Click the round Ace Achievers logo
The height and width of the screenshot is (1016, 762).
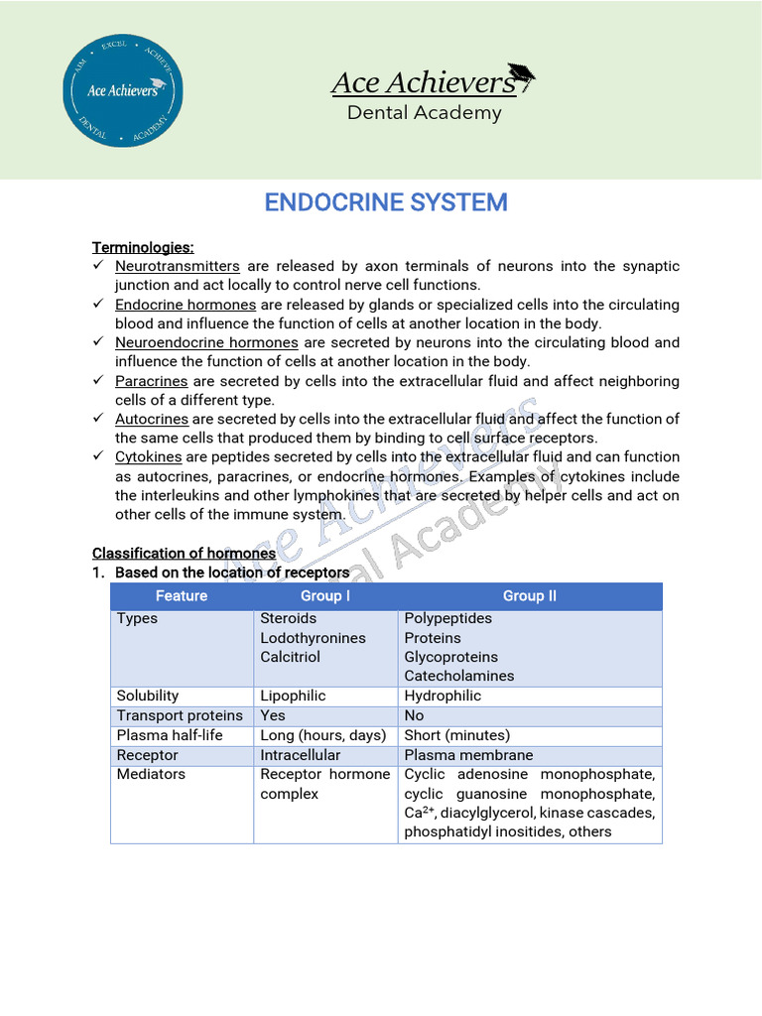pos(122,90)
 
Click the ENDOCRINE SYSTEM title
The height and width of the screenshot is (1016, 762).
pos(386,202)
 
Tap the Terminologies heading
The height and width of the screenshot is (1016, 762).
pos(143,247)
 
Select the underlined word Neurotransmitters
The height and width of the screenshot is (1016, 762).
pos(178,266)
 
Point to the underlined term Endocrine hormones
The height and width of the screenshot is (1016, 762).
pos(186,305)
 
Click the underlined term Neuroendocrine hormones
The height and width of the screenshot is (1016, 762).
pos(206,342)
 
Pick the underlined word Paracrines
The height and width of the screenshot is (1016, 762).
pos(152,381)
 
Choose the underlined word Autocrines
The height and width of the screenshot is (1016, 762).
pos(152,419)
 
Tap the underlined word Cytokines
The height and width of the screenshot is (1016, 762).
pos(149,456)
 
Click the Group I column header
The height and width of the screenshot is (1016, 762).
pos(325,596)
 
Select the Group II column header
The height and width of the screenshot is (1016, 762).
pos(530,596)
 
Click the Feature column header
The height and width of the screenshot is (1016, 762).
pos(182,596)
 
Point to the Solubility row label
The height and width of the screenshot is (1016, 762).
pos(148,696)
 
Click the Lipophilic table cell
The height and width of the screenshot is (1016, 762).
pos(293,696)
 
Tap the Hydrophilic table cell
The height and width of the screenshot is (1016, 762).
pos(443,696)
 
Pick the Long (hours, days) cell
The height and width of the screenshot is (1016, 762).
pos(322,735)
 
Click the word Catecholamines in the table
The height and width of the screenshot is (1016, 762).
pos(459,676)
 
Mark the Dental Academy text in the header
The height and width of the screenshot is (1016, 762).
pos(424,113)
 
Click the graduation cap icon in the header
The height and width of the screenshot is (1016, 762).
pos(521,75)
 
